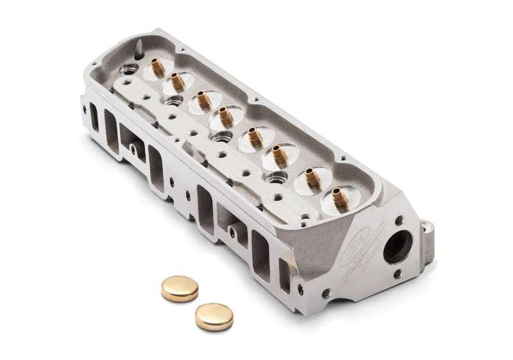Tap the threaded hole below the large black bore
(398, 273)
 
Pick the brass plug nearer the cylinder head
(180, 289)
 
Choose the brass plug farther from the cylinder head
(214, 316)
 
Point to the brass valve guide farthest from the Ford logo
(156, 67)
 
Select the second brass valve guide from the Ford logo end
(312, 177)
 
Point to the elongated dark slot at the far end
(139, 47)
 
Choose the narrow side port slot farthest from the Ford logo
(94, 118)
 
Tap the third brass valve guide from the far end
(203, 101)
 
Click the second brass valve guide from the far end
(177, 82)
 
